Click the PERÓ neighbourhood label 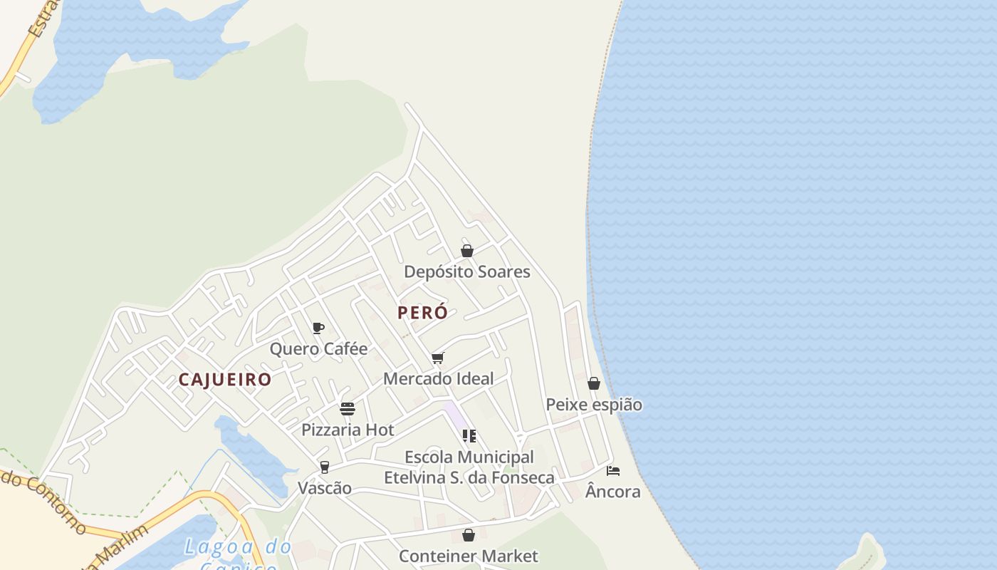423,312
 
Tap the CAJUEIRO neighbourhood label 225,379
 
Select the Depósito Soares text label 467,271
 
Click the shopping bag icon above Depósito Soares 467,251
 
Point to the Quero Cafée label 318,348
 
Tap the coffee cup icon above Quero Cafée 318,328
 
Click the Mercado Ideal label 439,378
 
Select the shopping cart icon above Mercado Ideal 438,358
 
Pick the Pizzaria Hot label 348,430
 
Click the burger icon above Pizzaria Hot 348,409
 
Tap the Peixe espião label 594,405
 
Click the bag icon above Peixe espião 594,383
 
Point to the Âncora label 613,492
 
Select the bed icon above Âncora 613,470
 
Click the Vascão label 325,488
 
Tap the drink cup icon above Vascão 325,467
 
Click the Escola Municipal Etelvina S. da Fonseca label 469,467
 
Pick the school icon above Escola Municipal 469,435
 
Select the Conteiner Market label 469,556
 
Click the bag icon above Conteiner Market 469,534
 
